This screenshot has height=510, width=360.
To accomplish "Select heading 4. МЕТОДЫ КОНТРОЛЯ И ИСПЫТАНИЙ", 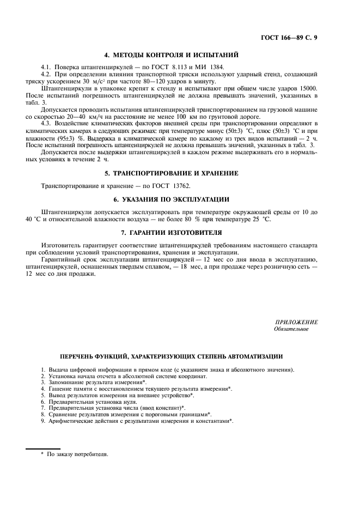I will tap(171, 54).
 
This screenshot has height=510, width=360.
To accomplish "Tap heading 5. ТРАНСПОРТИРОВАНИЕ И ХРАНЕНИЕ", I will tap(171, 173).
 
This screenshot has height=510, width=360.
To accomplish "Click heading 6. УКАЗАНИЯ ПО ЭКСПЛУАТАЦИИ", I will tap(171, 199).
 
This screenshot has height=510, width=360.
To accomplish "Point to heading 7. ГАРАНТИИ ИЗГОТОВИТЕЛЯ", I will tap(171, 232).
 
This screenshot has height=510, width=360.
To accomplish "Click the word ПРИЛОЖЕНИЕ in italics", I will tap(297, 323).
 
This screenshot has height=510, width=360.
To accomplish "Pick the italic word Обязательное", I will tap(291, 329).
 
